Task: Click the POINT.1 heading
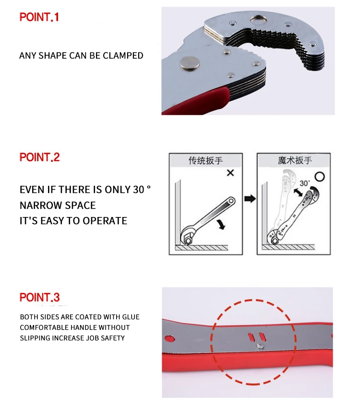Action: coord(39,17)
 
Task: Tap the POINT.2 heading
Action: coord(40,157)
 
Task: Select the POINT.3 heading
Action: coord(40,297)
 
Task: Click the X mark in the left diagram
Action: coord(230,173)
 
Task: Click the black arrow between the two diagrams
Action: coord(250,199)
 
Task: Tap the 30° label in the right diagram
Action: coord(304,183)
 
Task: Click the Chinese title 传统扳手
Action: coord(205,160)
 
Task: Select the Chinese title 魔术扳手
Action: coord(295,160)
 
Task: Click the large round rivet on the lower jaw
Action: coord(190,63)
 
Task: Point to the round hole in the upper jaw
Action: coord(259,20)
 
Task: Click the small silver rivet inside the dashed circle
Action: coord(260,346)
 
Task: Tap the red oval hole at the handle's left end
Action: coord(169,339)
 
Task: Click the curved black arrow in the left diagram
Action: coord(221,224)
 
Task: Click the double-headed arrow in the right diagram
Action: coord(298,192)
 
